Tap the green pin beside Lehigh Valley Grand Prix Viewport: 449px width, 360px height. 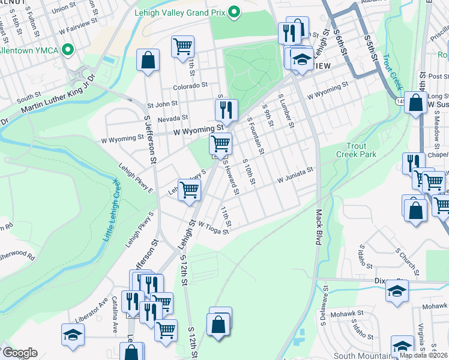click(x=235, y=11)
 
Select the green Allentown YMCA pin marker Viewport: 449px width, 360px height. click(x=69, y=49)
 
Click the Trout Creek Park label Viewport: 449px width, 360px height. click(x=361, y=150)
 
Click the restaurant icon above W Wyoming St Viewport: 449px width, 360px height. click(x=226, y=109)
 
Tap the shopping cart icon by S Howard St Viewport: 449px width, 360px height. click(x=220, y=143)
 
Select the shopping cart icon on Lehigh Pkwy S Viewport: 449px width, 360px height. click(x=189, y=189)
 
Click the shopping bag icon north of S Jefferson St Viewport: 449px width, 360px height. click(x=148, y=60)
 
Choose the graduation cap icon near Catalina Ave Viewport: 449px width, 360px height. click(x=73, y=334)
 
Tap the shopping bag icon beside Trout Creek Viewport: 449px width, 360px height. click(x=415, y=102)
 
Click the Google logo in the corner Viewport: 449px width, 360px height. click(x=19, y=353)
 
